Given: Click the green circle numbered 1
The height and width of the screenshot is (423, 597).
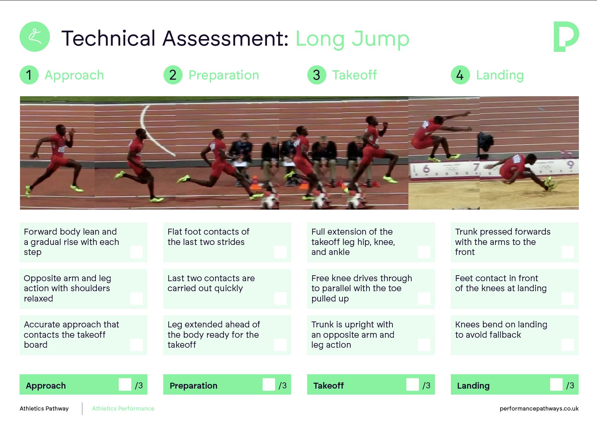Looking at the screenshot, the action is click(29, 75).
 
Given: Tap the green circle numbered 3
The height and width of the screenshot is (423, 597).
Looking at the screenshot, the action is click(317, 75).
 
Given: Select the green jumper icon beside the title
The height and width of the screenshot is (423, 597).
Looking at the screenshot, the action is click(35, 37).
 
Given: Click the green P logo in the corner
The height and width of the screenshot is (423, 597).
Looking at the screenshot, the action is click(566, 37).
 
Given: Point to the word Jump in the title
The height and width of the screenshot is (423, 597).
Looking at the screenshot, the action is click(380, 39).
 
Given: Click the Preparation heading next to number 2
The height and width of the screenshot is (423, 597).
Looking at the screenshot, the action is click(224, 75).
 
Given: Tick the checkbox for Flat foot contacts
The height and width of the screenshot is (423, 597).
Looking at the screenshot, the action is click(280, 252).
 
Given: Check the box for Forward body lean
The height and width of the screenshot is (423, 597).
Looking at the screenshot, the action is click(136, 252).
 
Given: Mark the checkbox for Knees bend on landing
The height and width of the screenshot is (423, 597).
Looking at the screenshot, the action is click(568, 345).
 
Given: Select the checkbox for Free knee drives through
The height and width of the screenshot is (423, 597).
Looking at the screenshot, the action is click(424, 298).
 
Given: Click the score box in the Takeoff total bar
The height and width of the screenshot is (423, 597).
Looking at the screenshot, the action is click(412, 385).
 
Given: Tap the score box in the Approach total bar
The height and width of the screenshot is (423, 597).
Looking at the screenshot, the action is click(125, 385).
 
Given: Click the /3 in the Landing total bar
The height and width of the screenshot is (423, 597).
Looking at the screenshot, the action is click(570, 386).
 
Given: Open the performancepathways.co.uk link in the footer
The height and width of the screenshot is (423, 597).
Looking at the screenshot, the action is click(539, 409).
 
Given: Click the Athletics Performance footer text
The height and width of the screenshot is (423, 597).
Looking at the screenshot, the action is click(123, 408).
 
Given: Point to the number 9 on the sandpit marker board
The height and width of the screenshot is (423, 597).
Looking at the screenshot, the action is click(570, 165).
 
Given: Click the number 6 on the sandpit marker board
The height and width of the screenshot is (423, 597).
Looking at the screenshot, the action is click(426, 169).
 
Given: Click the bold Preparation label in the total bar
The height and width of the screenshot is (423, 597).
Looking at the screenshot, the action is click(193, 386).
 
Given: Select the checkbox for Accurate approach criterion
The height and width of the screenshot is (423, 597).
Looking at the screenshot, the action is click(136, 345).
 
